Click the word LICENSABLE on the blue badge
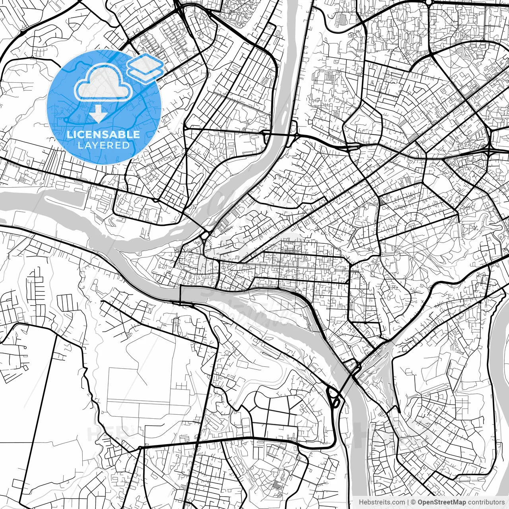[103, 134]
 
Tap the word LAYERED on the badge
[103, 146]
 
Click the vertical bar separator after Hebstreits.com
[408, 502]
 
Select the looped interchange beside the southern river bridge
[333, 396]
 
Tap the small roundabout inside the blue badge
[66, 119]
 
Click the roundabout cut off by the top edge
[428, 2]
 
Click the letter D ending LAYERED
[127, 146]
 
